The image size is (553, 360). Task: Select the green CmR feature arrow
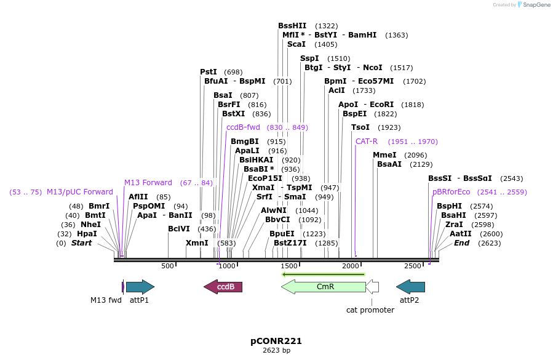click(x=324, y=287)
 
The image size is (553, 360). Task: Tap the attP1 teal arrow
click(x=140, y=287)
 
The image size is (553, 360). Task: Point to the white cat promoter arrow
click(x=372, y=287)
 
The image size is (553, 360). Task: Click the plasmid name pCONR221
click(x=276, y=340)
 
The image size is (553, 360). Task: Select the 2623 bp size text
click(x=276, y=351)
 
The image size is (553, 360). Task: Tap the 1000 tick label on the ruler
click(x=227, y=266)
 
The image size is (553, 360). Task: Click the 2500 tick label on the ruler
click(x=412, y=266)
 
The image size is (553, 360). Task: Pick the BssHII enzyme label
click(x=292, y=26)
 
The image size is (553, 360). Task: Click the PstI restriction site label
click(x=209, y=72)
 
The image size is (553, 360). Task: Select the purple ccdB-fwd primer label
click(x=243, y=127)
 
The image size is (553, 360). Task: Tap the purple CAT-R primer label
click(x=367, y=142)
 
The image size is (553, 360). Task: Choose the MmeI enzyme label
click(x=384, y=155)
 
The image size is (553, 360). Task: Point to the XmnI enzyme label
click(x=197, y=243)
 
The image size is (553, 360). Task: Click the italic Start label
click(x=82, y=243)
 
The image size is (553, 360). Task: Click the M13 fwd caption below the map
click(x=106, y=300)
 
